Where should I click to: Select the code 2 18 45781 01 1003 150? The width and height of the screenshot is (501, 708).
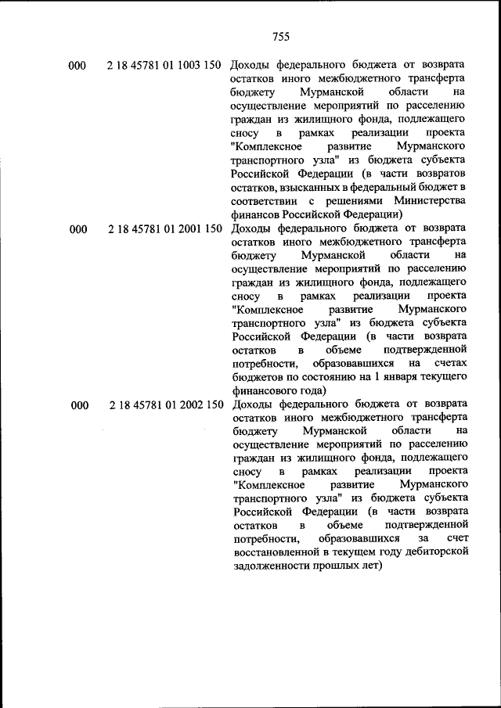tap(164, 65)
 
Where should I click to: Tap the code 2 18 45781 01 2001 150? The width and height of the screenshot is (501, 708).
tap(164, 229)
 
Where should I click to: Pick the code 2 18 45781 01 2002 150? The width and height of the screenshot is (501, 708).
tap(164, 405)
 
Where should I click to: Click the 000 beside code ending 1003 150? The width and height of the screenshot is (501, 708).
tap(77, 65)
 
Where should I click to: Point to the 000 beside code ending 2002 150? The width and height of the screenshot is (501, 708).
tap(79, 405)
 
